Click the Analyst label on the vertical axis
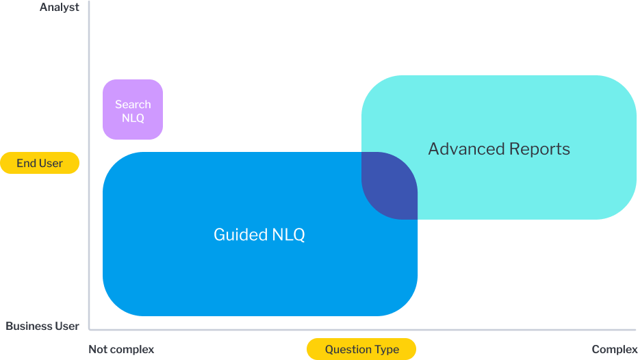click(x=60, y=8)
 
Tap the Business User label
click(x=42, y=326)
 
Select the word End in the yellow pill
click(x=26, y=164)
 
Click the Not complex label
click(x=121, y=350)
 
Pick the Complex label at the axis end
click(x=614, y=350)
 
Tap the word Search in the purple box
click(x=133, y=105)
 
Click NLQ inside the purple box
click(x=133, y=118)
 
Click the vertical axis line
click(x=90, y=205)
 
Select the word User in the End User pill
click(x=51, y=164)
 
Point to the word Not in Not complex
click(x=98, y=350)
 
